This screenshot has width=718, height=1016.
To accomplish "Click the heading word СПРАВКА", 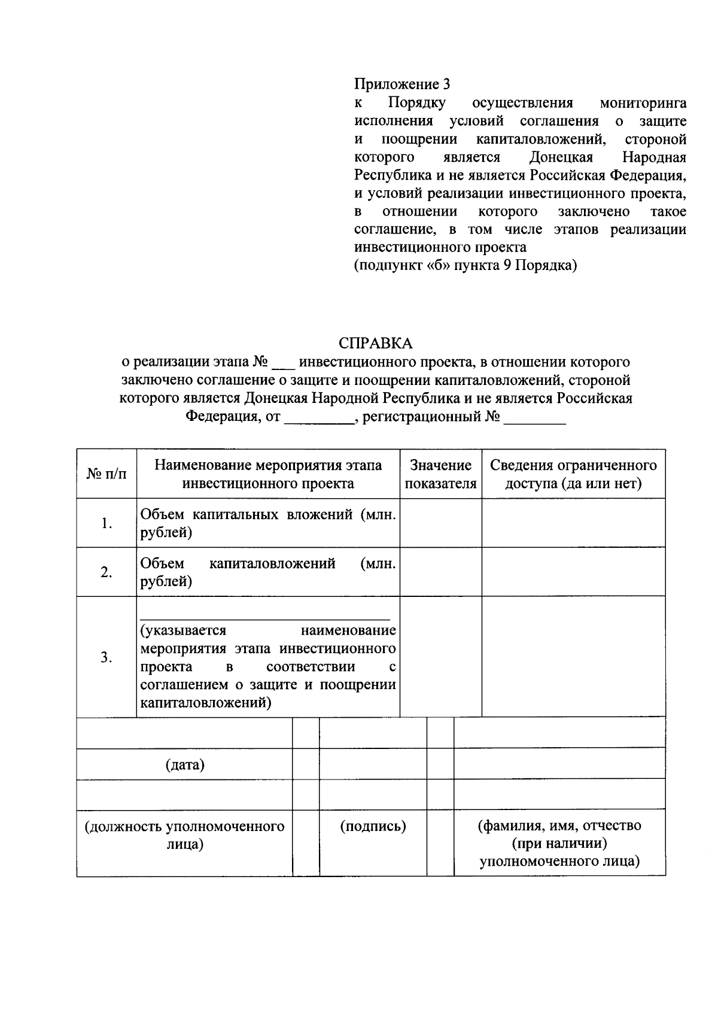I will pos(375,344).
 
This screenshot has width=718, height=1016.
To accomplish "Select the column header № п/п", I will pos(107,474).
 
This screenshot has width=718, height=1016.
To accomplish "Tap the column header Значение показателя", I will pos(440,474).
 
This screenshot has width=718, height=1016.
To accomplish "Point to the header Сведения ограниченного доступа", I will pos(573,474).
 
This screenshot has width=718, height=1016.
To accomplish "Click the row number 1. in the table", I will pos(107,523).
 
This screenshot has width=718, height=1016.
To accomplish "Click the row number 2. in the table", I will pos(107,572).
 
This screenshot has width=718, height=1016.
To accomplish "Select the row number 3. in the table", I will pos(107,657).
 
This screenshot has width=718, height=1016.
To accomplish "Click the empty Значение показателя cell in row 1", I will pos(440,523).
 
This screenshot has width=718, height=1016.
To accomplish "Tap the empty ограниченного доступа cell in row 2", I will pos(573,572).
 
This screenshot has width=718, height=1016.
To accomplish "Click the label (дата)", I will pos(185,765).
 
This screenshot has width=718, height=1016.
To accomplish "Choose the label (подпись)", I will pos(373,827).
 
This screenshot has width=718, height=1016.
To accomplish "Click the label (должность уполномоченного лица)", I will pos(185,835).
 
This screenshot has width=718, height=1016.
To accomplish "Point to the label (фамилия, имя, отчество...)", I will pos(559,844).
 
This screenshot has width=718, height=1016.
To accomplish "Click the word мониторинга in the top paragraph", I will pos(643,103).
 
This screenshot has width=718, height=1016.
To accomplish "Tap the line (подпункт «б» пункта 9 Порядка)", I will pos(466,265).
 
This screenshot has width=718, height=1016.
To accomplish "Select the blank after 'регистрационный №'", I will pos(534,419).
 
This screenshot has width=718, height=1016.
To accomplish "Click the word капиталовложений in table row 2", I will pos(272,564).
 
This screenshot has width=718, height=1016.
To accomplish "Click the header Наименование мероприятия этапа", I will pos(268,466).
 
